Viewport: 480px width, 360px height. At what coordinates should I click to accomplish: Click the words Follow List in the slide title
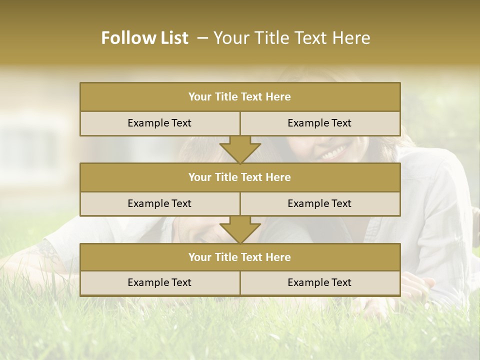tap(145, 38)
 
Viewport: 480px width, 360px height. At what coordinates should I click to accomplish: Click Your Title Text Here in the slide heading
tap(292, 38)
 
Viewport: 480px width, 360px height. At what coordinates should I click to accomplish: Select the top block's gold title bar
tap(240, 97)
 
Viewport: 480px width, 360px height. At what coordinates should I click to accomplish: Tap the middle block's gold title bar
tap(240, 177)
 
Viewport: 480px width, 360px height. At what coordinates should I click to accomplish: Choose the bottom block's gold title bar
tap(240, 257)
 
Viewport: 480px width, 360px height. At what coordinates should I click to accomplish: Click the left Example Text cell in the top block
tap(159, 123)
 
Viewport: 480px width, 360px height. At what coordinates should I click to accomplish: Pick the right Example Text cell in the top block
tap(319, 123)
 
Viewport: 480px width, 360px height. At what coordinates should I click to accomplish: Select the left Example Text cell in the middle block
tap(159, 203)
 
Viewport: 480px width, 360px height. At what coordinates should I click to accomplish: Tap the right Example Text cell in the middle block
tap(319, 203)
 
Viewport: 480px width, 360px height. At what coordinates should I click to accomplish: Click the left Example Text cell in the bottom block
tap(159, 282)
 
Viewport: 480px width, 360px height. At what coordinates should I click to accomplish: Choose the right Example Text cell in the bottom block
tap(319, 282)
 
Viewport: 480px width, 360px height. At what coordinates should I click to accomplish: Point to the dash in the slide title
tap(202, 38)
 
